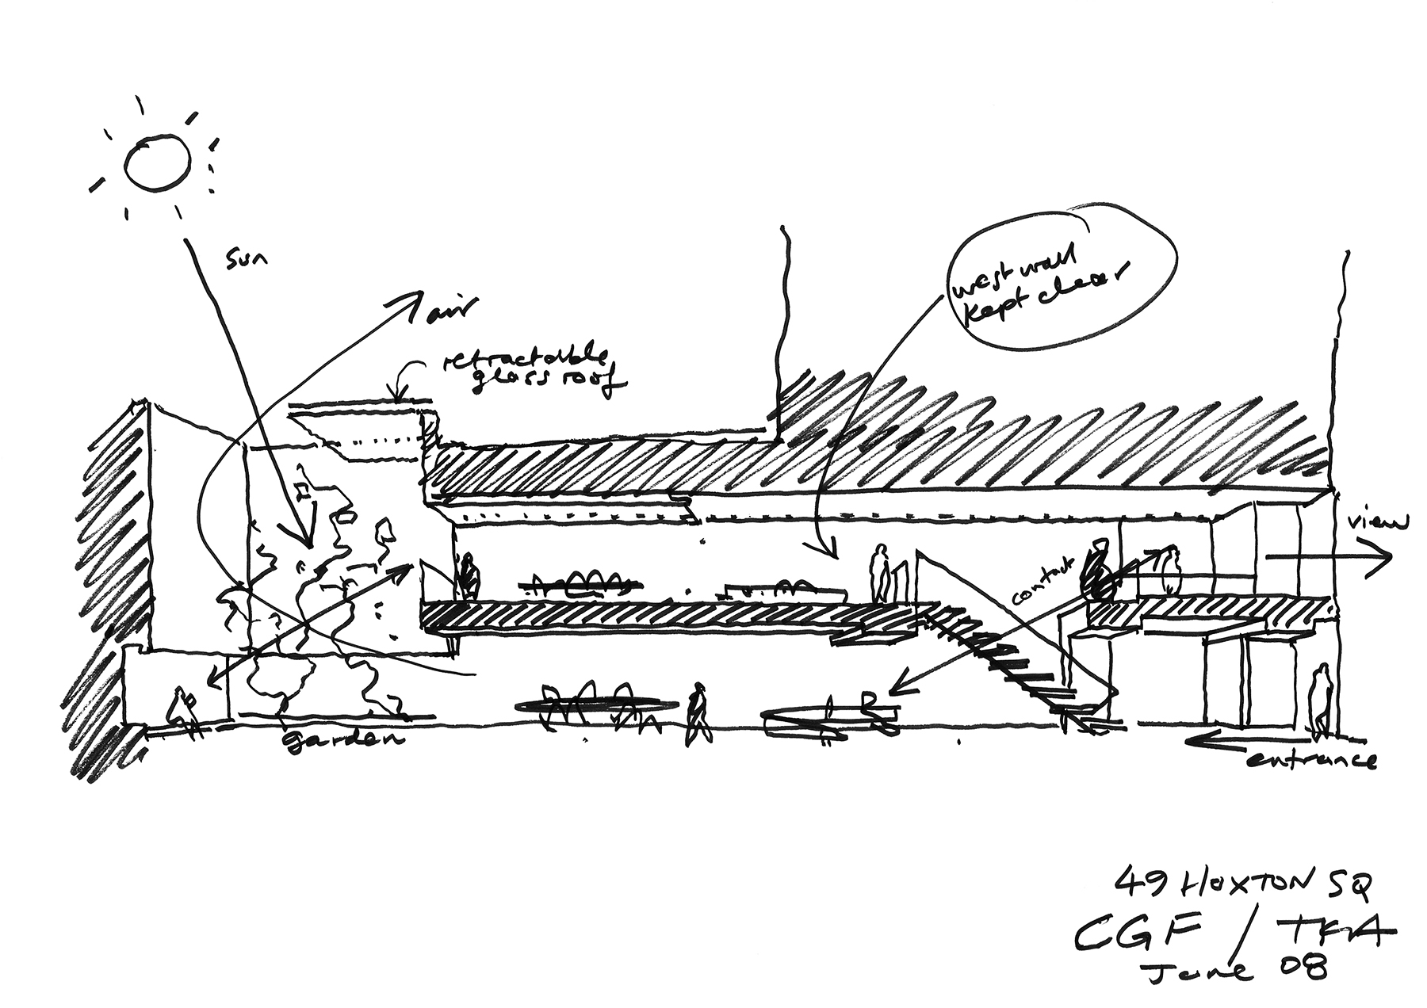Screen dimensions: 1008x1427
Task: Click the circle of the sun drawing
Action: coord(158,163)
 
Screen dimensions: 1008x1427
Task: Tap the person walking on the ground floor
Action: coord(698,712)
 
